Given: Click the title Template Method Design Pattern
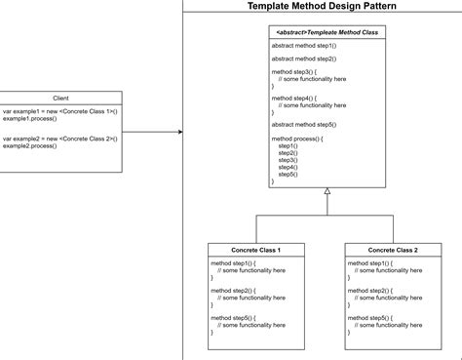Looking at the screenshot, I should [321, 6].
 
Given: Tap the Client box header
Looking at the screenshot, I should [60, 98].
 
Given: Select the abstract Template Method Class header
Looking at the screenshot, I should [327, 32].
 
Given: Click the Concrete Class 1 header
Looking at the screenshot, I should [256, 250].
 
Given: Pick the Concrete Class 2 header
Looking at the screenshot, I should [393, 250].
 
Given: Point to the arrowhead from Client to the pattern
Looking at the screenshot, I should [179, 132].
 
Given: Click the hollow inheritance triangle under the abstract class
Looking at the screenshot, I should [327, 193].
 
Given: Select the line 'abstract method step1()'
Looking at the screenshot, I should [303, 46].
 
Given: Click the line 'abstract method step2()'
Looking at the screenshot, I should [303, 59].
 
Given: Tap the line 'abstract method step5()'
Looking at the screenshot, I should [303, 124].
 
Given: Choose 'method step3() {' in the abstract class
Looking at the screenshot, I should [293, 72].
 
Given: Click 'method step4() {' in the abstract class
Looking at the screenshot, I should [293, 99].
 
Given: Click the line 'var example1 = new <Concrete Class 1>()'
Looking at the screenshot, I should [59, 111].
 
